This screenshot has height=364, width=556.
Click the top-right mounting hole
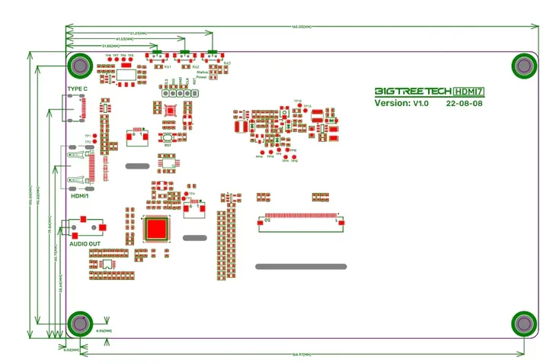(524, 66)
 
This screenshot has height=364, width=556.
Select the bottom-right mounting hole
(524, 324)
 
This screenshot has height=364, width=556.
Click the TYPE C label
(78, 89)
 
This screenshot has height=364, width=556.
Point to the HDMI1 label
(80, 195)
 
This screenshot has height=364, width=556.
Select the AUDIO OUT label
(85, 243)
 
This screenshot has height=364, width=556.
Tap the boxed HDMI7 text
(469, 90)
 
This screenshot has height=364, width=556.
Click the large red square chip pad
(158, 229)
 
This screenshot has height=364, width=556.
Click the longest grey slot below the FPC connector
(301, 266)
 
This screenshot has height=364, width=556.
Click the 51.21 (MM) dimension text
(138, 34)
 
